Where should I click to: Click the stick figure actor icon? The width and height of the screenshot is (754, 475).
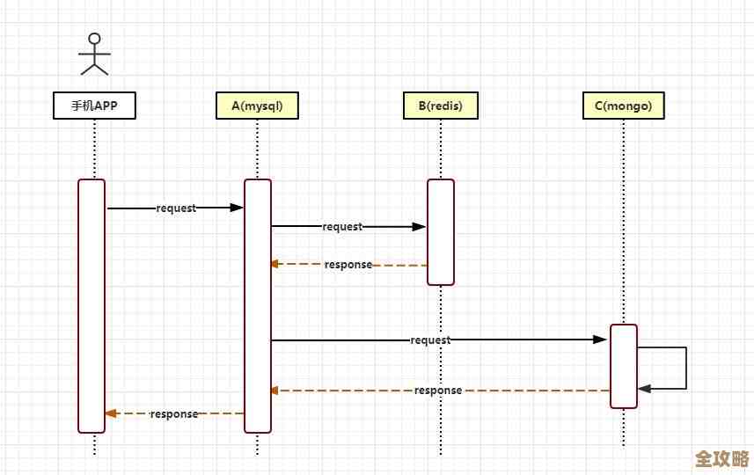tap(94, 55)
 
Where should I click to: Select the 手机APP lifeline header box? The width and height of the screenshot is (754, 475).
tap(94, 106)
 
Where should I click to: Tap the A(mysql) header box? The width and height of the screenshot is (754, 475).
tap(257, 106)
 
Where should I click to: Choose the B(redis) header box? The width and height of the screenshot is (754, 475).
tap(440, 106)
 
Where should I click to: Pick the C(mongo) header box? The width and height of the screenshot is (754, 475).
tap(623, 106)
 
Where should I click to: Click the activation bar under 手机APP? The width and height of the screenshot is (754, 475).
tap(92, 305)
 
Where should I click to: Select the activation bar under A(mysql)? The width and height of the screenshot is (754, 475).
tap(258, 305)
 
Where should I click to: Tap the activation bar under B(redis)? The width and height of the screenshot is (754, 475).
tap(441, 232)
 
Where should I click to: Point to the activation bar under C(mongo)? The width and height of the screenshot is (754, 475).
tap(623, 366)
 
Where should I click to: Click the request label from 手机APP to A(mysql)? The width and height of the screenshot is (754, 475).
tap(176, 208)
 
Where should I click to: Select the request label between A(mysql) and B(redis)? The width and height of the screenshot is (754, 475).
tap(342, 227)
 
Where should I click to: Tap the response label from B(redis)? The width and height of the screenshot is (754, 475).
tap(348, 265)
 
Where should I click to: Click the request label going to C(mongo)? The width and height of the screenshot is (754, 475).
tap(430, 340)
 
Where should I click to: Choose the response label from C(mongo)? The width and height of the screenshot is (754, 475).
tap(438, 391)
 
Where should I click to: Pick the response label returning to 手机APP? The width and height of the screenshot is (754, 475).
tap(174, 413)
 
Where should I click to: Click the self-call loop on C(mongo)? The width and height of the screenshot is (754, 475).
tap(684, 368)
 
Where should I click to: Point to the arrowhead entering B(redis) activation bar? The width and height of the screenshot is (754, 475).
tap(420, 227)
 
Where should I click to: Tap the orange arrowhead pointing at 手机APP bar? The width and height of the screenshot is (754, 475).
tap(111, 413)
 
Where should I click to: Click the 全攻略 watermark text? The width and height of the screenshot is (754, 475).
tap(721, 460)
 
